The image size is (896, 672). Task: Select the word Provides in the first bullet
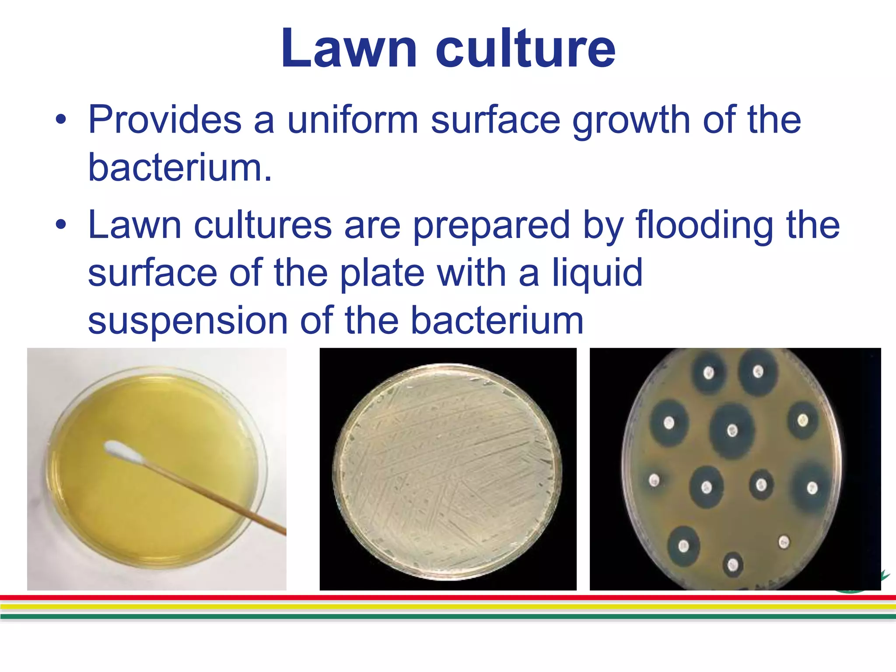[x=164, y=120]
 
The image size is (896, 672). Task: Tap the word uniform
[x=353, y=120]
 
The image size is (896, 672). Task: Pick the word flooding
[x=704, y=225]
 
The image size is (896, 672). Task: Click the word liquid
[x=597, y=273]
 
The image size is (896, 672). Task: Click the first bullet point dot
[x=61, y=120]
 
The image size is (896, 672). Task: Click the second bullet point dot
[x=61, y=225]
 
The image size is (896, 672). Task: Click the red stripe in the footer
[x=448, y=598]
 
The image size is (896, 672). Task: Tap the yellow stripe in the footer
[x=448, y=607]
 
